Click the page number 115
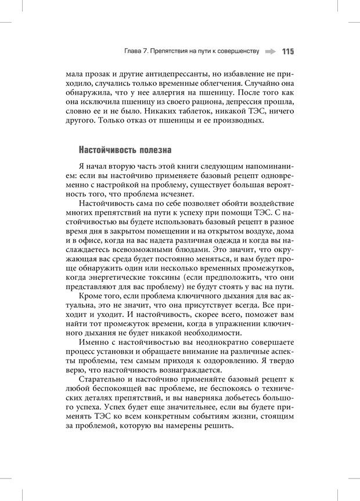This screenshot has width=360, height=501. [x=288, y=52]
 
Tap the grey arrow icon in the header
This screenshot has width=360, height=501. [x=269, y=52]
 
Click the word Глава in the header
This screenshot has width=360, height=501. [x=134, y=52]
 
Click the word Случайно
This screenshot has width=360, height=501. [x=262, y=83]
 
